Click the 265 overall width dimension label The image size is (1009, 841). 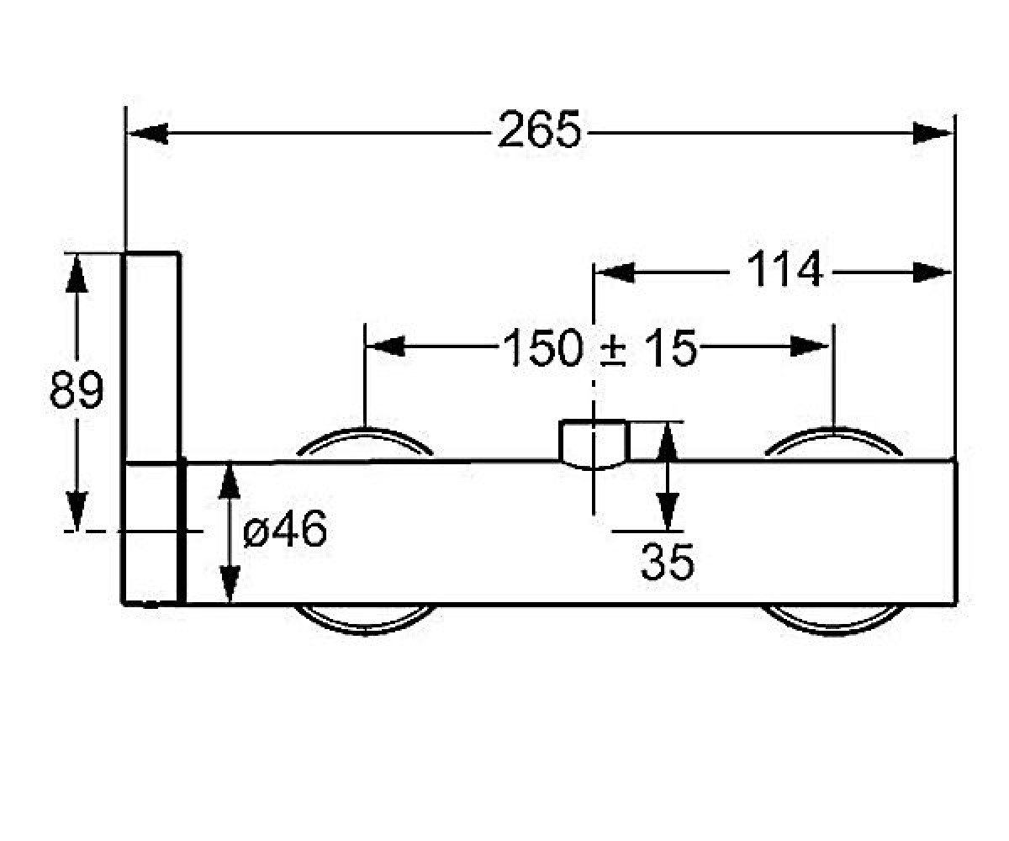click(x=539, y=130)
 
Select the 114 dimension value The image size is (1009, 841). click(x=784, y=269)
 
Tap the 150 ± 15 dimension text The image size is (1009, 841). click(x=600, y=347)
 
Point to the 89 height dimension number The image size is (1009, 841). click(x=77, y=389)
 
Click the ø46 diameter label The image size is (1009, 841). click(x=285, y=529)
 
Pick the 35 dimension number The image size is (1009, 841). click(x=667, y=562)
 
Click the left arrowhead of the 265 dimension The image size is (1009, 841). click(x=147, y=133)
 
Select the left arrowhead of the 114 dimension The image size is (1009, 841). click(x=614, y=272)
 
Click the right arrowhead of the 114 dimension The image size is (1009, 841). click(x=932, y=272)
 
